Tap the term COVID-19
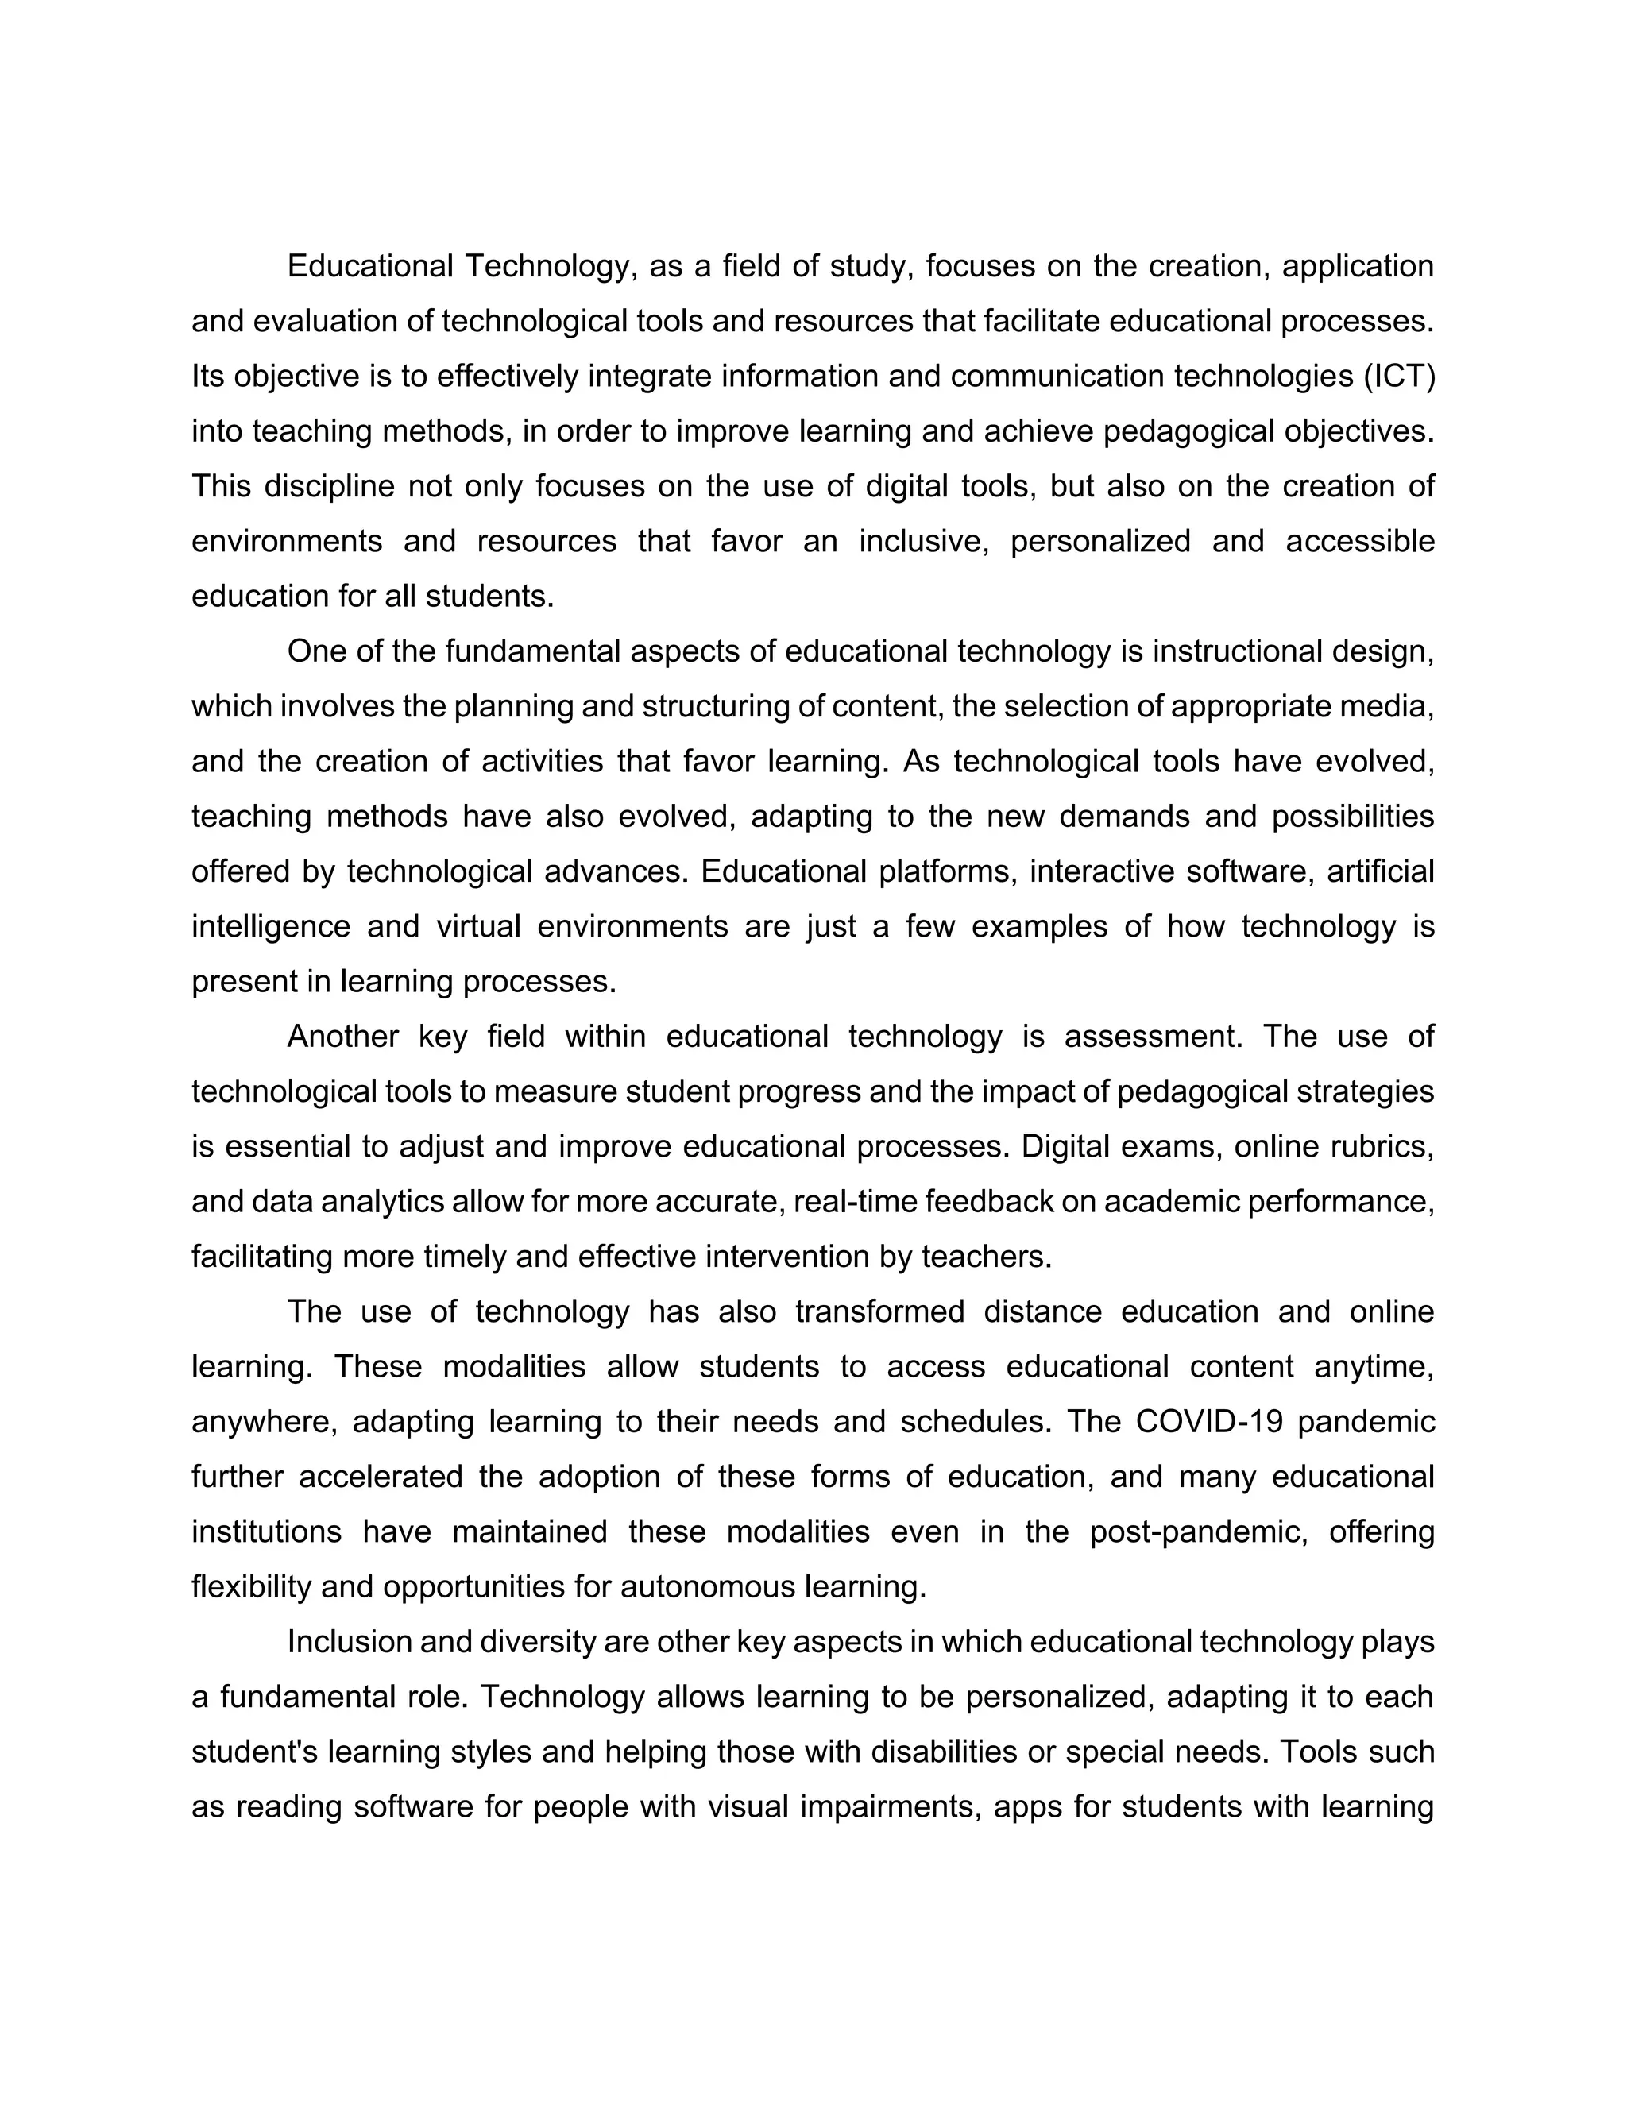1208,1422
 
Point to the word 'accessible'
1360,542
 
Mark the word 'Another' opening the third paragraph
343,1037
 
